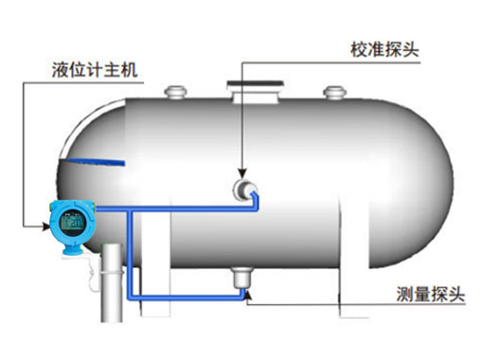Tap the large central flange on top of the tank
pos(252,91)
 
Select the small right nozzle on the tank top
pos(332,93)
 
